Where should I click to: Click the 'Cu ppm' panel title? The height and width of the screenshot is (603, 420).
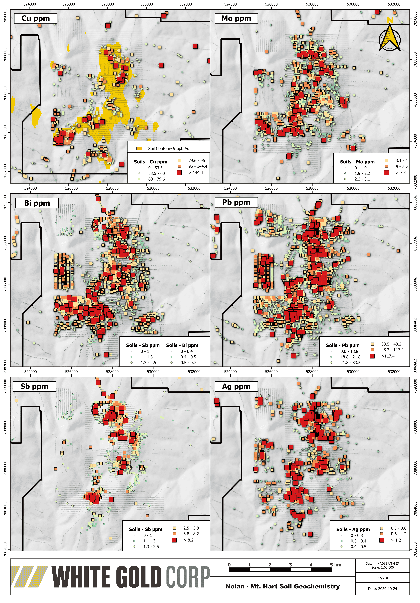tap(35, 18)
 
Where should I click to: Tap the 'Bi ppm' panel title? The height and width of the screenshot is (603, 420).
tap(37, 203)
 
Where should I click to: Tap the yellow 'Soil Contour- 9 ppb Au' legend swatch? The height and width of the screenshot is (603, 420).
tap(139, 148)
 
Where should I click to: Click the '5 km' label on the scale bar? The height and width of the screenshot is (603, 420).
tap(336, 565)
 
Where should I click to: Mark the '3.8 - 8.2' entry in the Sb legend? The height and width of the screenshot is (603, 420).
tap(191, 534)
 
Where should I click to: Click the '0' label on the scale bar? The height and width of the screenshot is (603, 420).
tap(229, 565)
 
